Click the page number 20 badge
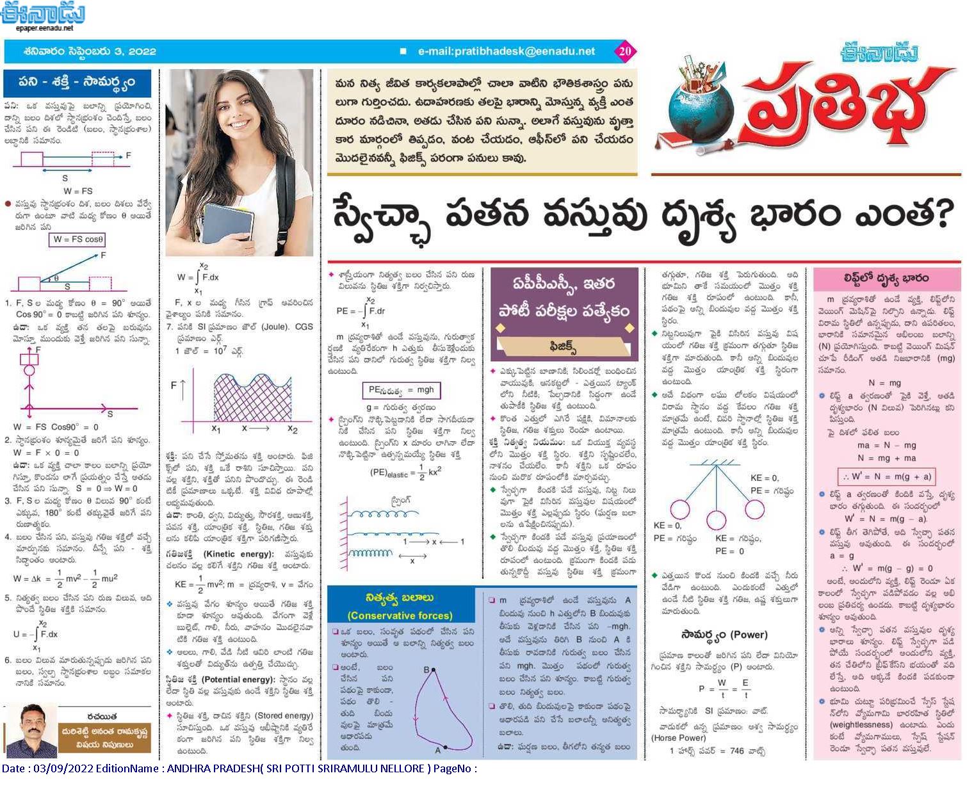(x=625, y=51)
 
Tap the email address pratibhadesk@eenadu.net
(x=506, y=51)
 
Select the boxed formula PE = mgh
(x=402, y=390)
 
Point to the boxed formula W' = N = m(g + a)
(x=886, y=476)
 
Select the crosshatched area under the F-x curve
(x=250, y=400)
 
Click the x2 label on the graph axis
(x=292, y=429)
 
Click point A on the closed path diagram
(x=446, y=747)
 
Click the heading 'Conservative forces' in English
(x=400, y=616)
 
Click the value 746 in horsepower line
(x=738, y=751)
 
